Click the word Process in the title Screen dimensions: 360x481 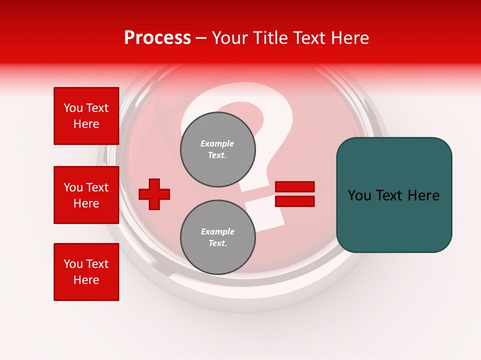157,38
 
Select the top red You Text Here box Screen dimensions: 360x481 86,116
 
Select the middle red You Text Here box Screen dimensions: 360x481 86,195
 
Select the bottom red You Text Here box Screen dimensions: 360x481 86,272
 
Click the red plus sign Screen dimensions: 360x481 154,194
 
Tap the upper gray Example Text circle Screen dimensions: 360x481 217,149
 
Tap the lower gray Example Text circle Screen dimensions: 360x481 217,237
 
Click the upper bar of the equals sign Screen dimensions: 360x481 295,187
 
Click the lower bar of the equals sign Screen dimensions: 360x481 295,201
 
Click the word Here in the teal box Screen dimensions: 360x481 423,195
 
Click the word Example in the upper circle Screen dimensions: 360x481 217,144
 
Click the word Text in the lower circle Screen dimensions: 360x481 217,243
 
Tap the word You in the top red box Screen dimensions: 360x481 73,108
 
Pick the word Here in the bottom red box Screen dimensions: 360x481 86,280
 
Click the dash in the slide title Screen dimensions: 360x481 201,38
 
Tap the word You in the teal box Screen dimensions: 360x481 359,195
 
